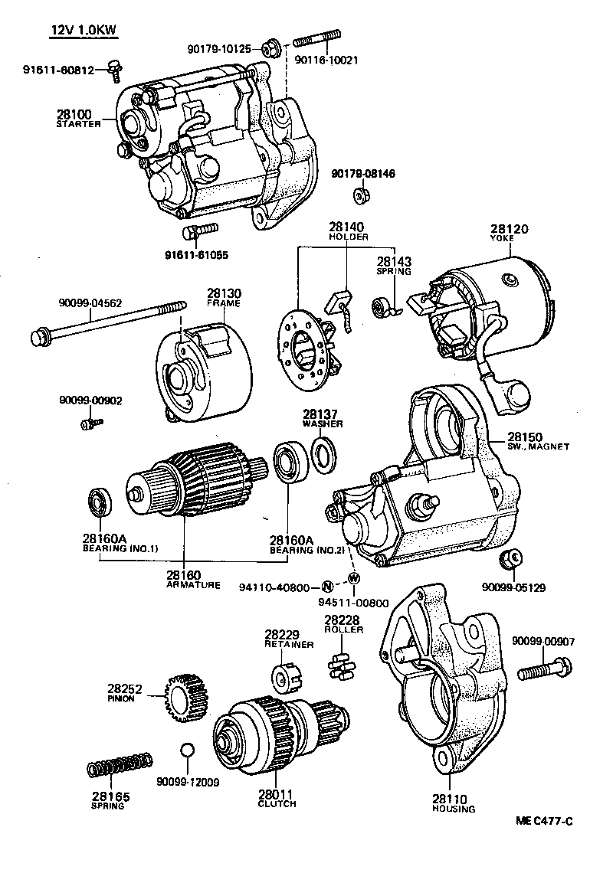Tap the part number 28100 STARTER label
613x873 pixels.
point(78,118)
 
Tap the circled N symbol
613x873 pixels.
point(326,587)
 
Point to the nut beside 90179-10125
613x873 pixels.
point(270,48)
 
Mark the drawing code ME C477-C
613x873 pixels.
point(543,822)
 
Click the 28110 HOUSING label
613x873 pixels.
point(454,803)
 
